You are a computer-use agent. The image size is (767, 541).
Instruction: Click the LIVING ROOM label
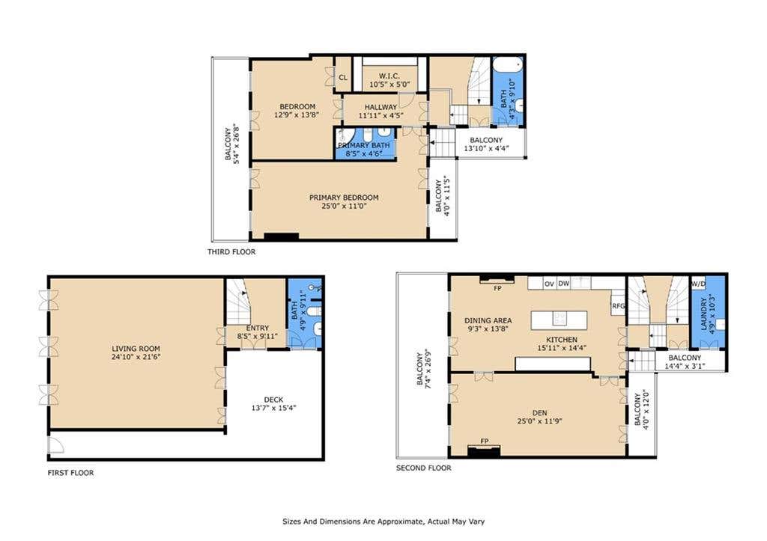point(136,349)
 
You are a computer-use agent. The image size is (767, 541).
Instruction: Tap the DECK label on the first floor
point(273,400)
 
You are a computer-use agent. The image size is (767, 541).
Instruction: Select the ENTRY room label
point(258,328)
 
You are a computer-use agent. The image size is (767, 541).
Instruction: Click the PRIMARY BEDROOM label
point(344,198)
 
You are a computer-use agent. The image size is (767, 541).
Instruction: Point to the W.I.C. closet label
point(389,76)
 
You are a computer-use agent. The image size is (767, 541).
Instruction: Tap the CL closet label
point(343,77)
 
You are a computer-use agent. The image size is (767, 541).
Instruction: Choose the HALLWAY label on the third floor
point(381,107)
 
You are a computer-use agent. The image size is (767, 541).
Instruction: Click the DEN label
point(539,412)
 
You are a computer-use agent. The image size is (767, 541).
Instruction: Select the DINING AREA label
point(488,320)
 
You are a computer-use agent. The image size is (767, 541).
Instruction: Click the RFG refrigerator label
point(618,306)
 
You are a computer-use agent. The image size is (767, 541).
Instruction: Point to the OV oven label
point(549,284)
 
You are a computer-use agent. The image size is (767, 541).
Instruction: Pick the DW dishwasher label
point(564,283)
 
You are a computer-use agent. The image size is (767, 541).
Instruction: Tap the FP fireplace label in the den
point(485,441)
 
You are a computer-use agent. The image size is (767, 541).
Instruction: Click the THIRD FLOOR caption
point(231,251)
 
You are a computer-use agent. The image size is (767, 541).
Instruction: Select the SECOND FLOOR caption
point(424,468)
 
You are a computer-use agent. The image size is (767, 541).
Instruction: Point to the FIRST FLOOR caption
point(70,473)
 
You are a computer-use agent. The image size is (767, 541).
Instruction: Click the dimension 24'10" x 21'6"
point(136,357)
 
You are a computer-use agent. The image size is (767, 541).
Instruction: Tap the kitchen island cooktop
point(559,319)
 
